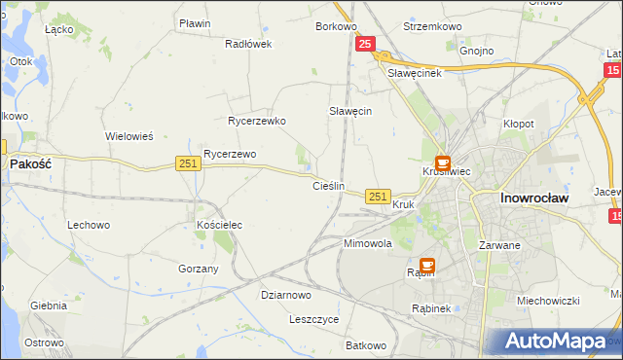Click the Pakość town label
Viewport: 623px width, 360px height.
point(30,164)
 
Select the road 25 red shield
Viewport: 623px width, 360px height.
point(366,44)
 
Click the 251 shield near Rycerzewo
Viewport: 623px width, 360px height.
point(189,164)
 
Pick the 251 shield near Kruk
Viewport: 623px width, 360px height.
point(379,197)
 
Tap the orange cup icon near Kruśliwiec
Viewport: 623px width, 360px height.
point(443,163)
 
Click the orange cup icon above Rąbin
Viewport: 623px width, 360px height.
point(427,265)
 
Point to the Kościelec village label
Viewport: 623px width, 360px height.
point(219,225)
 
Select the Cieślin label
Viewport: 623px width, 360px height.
point(329,185)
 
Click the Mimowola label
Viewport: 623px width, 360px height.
point(367,243)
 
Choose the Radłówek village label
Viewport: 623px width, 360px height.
point(248,44)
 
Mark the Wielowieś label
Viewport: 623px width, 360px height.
point(129,136)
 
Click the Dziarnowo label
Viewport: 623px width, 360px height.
point(286,295)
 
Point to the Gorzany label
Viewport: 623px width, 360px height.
point(199,269)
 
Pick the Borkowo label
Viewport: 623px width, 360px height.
point(336,26)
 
